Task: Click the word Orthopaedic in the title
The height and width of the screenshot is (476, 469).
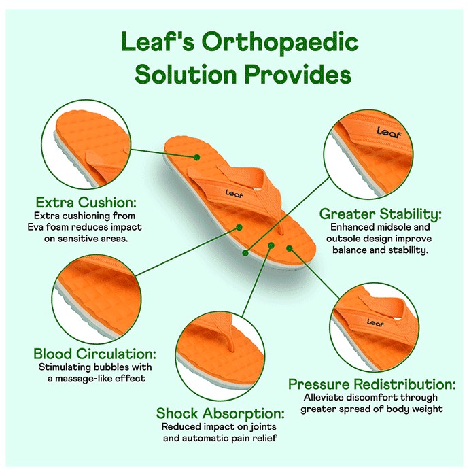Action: (280, 42)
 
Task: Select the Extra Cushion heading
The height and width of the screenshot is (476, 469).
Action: (86, 202)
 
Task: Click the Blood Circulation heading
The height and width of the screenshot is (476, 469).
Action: (94, 354)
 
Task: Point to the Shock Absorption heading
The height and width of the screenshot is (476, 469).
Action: (220, 413)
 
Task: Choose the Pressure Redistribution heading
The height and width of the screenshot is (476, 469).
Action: (372, 384)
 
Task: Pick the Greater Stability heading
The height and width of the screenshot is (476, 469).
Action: (381, 214)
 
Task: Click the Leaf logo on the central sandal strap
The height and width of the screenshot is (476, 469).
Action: (234, 193)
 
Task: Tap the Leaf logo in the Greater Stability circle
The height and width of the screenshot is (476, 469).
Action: (389, 133)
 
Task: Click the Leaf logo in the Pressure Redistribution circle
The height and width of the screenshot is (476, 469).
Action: (375, 322)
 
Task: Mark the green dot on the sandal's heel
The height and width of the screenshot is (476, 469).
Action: (197, 157)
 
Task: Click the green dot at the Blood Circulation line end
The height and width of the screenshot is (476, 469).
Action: (239, 227)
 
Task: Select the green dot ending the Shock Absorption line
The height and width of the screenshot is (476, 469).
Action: (271, 245)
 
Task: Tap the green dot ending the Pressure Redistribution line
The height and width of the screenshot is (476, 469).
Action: (290, 248)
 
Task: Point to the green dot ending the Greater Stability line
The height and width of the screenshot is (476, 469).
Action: (245, 253)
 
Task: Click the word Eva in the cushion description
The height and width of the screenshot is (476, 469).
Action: (36, 227)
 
